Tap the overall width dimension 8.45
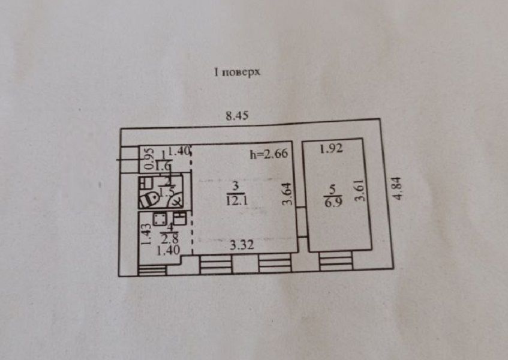tap(236, 116)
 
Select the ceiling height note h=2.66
tap(269, 154)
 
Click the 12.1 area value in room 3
tap(236, 200)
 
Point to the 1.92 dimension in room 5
tap(330, 149)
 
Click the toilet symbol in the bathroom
tap(148, 196)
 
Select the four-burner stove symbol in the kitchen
tap(160, 218)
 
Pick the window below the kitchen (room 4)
tap(151, 270)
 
